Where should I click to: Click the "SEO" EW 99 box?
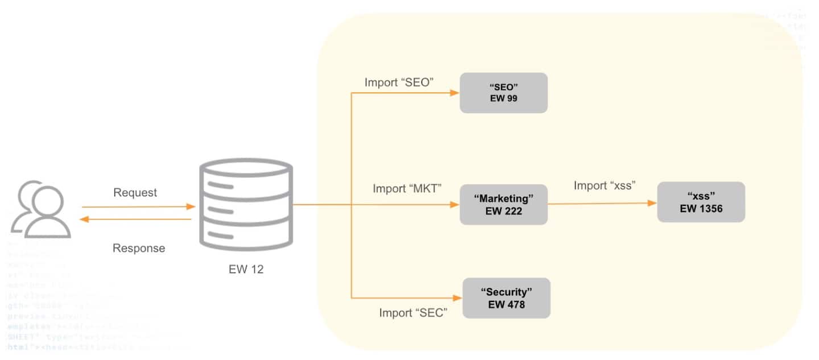click(x=503, y=93)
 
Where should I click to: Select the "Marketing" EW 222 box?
click(x=503, y=204)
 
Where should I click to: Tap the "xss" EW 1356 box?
click(x=701, y=202)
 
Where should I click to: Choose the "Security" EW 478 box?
click(x=506, y=298)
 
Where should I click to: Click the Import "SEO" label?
click(x=399, y=82)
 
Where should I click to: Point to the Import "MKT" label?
click(x=407, y=188)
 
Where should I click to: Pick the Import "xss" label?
click(x=604, y=185)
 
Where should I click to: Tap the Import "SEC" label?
click(x=412, y=313)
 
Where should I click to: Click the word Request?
click(x=135, y=193)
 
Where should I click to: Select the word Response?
click(x=139, y=248)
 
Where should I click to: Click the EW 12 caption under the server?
click(x=242, y=269)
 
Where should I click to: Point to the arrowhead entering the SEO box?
click(x=454, y=93)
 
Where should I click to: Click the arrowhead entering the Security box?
click(x=457, y=297)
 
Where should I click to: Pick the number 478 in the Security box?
click(x=514, y=305)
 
